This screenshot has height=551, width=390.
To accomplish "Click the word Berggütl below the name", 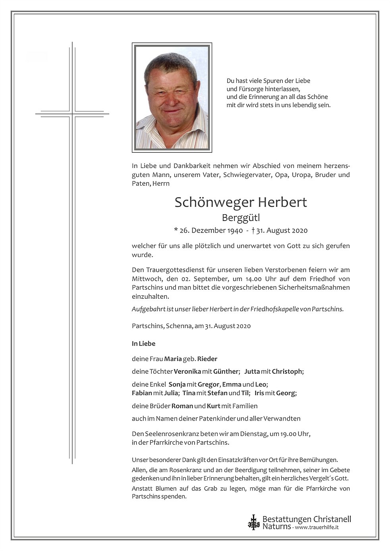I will point(241,217).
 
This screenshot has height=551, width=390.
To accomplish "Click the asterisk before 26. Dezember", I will point(176,230).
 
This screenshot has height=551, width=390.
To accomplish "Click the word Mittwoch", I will point(145,279).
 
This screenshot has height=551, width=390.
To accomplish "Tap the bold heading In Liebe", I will point(143,344).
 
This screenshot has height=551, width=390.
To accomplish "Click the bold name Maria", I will point(173,359).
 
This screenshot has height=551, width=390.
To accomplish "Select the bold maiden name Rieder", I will point(207,359).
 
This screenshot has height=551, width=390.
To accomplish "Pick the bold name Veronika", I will point(187,372).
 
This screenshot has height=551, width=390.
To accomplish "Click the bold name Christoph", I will point(287,372).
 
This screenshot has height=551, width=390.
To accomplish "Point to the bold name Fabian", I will point(142,393).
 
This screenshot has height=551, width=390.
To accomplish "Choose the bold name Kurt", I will point(213,406).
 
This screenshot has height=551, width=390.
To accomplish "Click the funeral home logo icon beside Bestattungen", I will point(253,522).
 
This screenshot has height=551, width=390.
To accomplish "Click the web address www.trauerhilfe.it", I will point(317,527).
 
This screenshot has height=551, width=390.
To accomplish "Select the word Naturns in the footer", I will point(277,526).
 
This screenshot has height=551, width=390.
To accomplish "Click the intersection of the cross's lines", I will point(72,114).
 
